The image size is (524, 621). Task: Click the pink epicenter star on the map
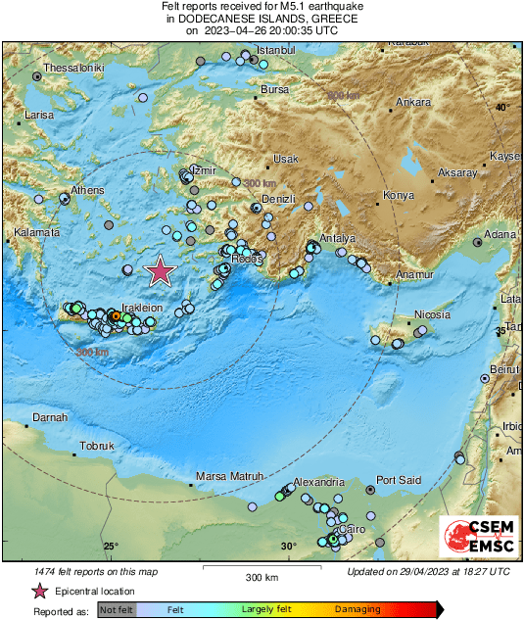160,271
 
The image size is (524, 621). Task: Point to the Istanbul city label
275,50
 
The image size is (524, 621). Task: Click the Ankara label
412,102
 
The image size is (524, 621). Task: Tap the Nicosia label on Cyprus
432,314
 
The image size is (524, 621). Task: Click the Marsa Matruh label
231,476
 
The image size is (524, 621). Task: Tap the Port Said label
399,480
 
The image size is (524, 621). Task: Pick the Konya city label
399,195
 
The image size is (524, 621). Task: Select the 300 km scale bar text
262,577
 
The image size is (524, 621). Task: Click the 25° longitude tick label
110,547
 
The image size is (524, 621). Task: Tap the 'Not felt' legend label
116,609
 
